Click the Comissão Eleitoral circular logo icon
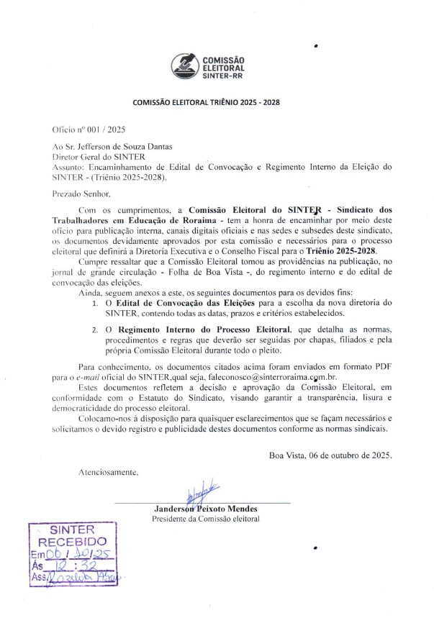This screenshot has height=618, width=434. tap(184, 68)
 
